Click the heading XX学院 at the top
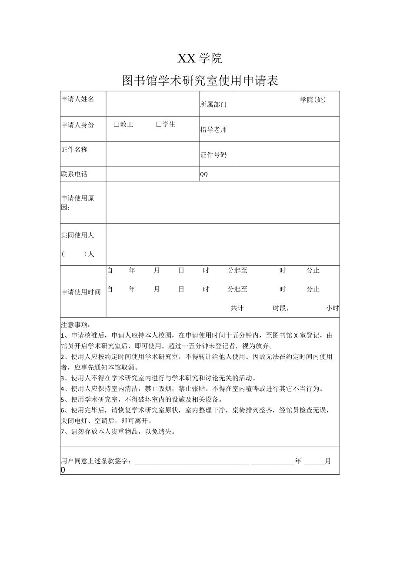click(200, 58)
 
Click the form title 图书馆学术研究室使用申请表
click(200, 80)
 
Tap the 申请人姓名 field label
click(78, 99)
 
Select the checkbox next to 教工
click(117, 124)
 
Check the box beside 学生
click(159, 124)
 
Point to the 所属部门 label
click(213, 104)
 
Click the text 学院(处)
click(313, 100)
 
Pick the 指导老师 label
click(213, 130)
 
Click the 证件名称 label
click(74, 150)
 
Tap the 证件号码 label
click(213, 155)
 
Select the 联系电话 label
click(74, 174)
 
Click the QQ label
click(204, 174)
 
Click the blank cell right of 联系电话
click(153, 174)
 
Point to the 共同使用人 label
click(78, 235)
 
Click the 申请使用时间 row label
click(81, 292)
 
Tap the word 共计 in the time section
click(237, 308)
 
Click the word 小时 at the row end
click(333, 308)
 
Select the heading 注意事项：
click(75, 325)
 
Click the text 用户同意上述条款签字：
click(96, 461)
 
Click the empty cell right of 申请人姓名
click(153, 104)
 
